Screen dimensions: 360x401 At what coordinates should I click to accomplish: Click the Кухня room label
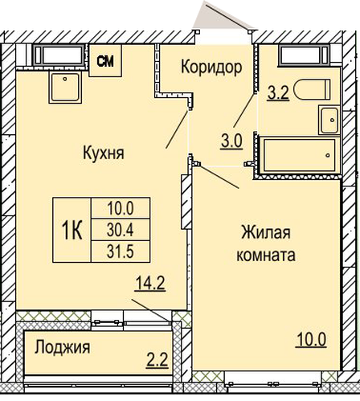[104, 153]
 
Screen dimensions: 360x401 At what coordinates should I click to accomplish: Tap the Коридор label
[211, 67]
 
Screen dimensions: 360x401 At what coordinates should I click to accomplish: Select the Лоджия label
[63, 347]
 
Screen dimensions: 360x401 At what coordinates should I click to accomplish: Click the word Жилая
[266, 232]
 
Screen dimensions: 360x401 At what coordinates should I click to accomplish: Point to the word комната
[266, 255]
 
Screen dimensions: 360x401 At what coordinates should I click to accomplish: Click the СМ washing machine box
[105, 61]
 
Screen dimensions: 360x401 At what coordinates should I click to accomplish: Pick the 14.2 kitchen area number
[150, 284]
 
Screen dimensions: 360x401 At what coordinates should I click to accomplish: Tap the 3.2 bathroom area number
[278, 93]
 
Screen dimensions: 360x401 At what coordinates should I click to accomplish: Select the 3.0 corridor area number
[231, 141]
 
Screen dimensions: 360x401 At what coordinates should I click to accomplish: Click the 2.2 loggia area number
[157, 360]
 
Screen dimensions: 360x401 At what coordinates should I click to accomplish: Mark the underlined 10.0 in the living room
[311, 340]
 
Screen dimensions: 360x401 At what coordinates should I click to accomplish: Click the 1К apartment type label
[72, 230]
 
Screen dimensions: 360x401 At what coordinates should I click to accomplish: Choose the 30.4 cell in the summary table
[121, 230]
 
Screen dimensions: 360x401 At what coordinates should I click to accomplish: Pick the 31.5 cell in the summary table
[121, 252]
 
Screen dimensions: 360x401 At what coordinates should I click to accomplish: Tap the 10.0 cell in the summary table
[121, 208]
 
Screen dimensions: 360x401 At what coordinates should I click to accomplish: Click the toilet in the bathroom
[312, 90]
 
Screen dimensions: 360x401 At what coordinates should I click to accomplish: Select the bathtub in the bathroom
[299, 155]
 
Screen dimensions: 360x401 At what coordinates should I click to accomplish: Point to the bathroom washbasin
[329, 120]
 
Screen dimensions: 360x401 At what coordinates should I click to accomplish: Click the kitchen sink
[65, 88]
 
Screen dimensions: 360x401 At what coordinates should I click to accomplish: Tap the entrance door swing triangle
[223, 17]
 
